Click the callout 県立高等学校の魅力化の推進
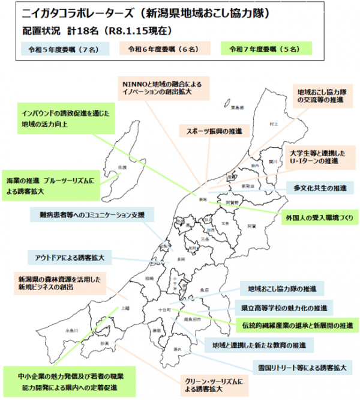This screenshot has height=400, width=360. coord(280,308)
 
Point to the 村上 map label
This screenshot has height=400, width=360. coord(274,124)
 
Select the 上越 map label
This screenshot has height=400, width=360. coord(125,308)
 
